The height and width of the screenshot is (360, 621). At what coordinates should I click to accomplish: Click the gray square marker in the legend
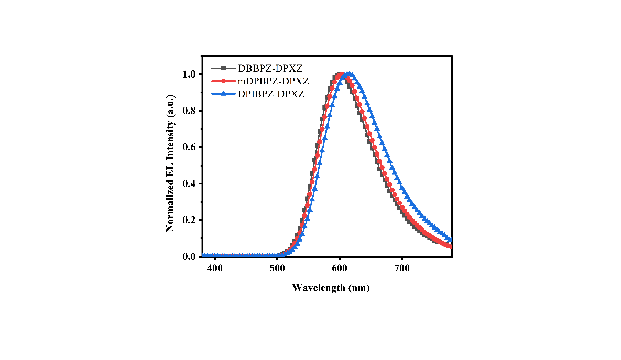[x=223, y=68]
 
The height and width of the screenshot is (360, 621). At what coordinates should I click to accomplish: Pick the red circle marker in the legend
[x=223, y=81]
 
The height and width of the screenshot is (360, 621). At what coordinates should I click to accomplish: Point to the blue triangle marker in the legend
[x=223, y=93]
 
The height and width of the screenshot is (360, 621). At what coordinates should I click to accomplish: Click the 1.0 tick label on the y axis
[x=190, y=74]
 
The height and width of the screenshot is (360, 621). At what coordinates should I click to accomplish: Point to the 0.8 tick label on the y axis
[x=190, y=111]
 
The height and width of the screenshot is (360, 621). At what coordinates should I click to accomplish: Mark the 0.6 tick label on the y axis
[x=190, y=147]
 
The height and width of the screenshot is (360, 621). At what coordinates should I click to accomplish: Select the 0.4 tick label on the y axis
[x=190, y=184]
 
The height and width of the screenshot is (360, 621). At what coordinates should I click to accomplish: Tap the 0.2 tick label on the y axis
[x=190, y=220]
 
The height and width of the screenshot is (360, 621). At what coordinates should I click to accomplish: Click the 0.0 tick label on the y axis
[x=190, y=257]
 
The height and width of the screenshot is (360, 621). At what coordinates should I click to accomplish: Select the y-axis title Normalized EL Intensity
[x=170, y=166]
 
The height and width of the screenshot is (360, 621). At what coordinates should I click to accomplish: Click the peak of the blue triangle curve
[x=347, y=74]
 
